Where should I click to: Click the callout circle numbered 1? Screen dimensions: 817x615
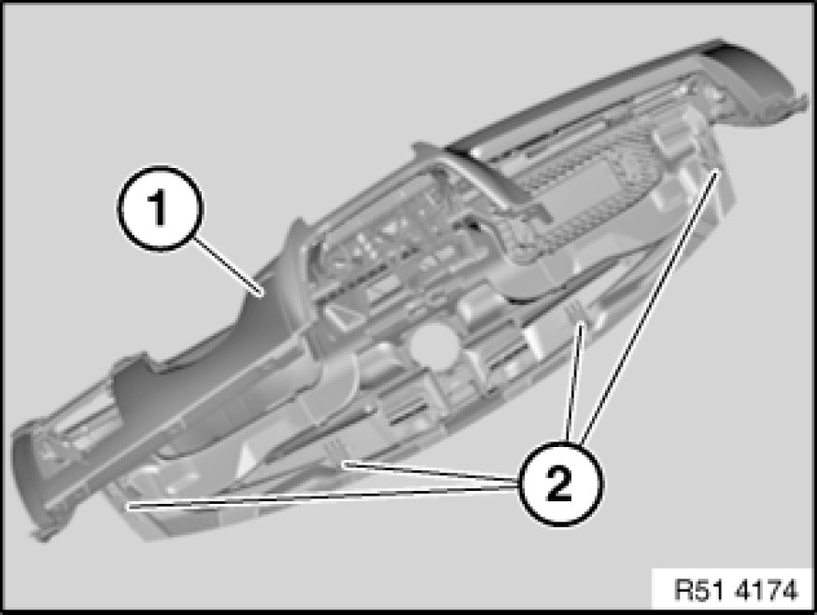160,209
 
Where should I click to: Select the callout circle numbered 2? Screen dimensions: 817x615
560,483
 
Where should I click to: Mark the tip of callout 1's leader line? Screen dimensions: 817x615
261,295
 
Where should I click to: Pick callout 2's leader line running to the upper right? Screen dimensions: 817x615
650,306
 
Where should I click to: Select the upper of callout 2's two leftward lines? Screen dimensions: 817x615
430,470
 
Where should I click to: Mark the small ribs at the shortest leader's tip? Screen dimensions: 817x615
576,313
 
